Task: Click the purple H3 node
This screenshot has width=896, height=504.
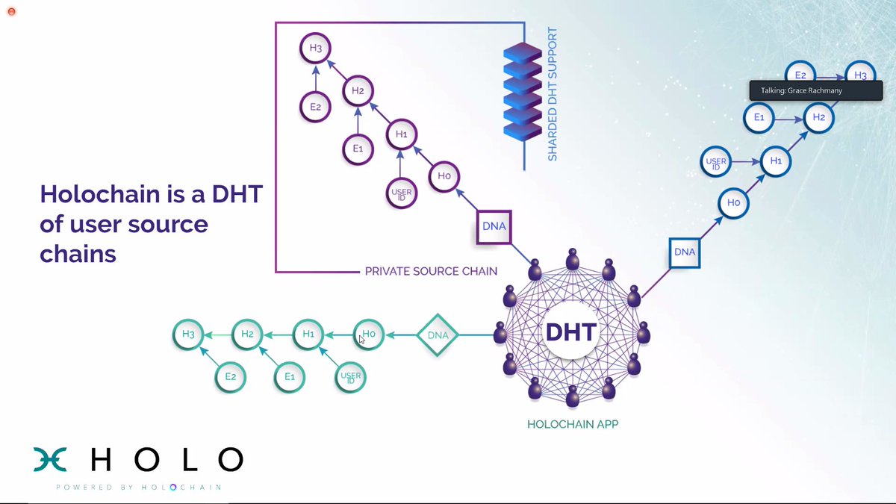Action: point(315,49)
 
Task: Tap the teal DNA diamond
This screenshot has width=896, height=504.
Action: point(438,335)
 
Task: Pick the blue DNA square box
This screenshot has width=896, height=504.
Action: point(685,252)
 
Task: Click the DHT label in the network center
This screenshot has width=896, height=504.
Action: point(573,332)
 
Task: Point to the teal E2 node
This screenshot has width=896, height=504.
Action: point(230,377)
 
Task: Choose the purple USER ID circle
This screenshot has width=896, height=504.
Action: point(401,194)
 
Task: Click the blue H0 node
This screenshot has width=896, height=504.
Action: point(733,202)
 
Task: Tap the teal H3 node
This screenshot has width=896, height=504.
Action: point(187,335)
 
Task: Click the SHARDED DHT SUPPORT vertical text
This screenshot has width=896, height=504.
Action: point(553,96)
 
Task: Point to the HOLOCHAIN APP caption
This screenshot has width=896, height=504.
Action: point(573,424)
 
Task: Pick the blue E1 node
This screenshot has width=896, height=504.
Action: point(759,117)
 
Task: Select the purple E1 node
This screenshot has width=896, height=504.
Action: point(358,148)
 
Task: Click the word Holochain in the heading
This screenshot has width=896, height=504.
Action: point(93,195)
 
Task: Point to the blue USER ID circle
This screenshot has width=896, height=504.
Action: point(715,161)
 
